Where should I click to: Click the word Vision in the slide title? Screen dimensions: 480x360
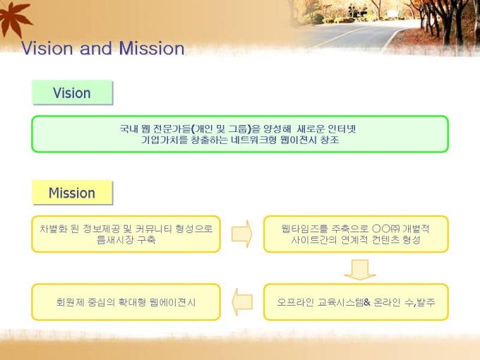[47, 49]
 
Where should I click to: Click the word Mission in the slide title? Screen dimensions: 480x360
[152, 49]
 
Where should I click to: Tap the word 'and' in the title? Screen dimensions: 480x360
[95, 49]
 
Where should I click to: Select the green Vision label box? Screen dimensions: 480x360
[72, 92]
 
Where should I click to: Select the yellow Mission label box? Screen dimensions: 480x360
[72, 193]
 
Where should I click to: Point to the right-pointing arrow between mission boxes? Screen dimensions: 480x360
[242, 234]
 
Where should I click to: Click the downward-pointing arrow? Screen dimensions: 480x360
[360, 270]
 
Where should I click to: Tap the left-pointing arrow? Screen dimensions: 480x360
[242, 302]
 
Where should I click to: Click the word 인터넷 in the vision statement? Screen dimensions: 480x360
[342, 128]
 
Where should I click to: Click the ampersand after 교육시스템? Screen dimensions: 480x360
[367, 302]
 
